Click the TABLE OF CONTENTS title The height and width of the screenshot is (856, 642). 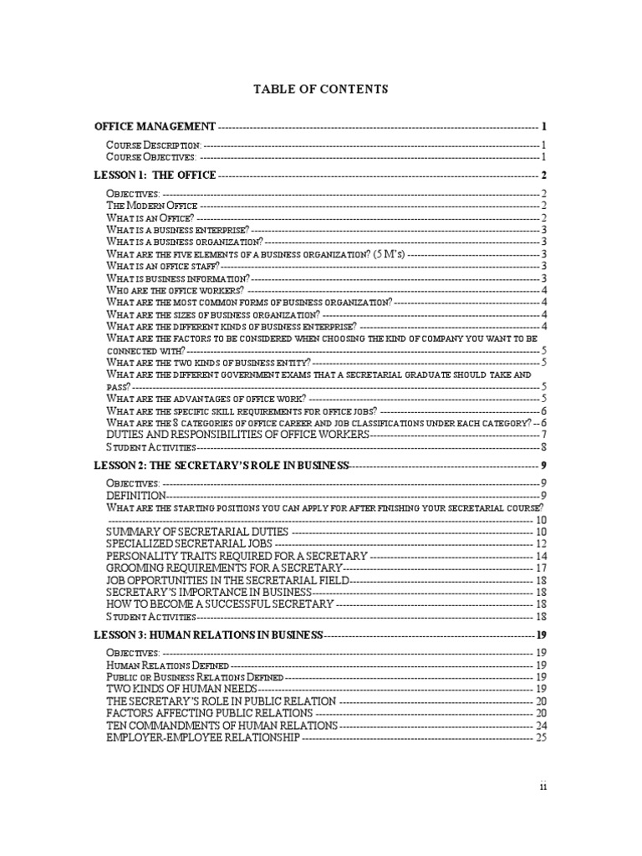pyautogui.click(x=321, y=89)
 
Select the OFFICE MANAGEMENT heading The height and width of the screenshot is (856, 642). pyautogui.click(x=155, y=126)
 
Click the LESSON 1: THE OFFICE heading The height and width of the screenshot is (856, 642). pyautogui.click(x=155, y=176)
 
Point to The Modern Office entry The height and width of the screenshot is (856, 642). pyautogui.click(x=152, y=206)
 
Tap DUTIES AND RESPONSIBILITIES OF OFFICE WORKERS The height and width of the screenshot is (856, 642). pyautogui.click(x=237, y=435)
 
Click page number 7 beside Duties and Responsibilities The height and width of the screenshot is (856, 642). pyautogui.click(x=543, y=435)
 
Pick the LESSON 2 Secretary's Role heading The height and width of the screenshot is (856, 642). pyautogui.click(x=221, y=465)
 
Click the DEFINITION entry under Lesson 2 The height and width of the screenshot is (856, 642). pyautogui.click(x=136, y=496)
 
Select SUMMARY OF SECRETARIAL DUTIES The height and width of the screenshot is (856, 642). pyautogui.click(x=197, y=532)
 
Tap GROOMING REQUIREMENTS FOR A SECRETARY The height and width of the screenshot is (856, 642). pyautogui.click(x=225, y=568)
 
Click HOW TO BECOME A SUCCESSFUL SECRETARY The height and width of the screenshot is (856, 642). pyautogui.click(x=220, y=604)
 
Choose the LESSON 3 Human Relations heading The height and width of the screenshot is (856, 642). pyautogui.click(x=208, y=635)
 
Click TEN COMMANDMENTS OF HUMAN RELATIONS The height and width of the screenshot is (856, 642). pyautogui.click(x=222, y=726)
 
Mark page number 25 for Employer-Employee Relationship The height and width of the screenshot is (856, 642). pyautogui.click(x=540, y=737)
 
